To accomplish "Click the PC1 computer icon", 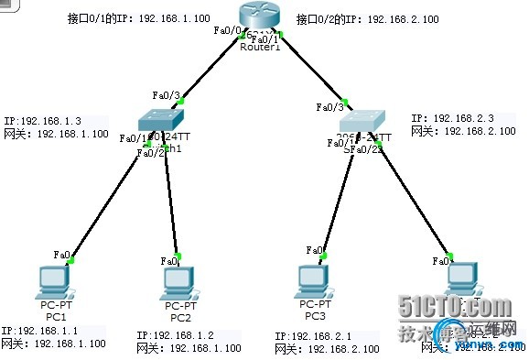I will [57, 279].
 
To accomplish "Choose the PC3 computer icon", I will [314, 279].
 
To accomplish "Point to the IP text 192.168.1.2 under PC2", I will [176, 336].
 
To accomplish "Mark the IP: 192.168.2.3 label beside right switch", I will [454, 119].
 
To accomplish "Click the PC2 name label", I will [179, 317].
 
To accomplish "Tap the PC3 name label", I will [315, 316].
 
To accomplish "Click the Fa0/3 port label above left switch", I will [165, 94].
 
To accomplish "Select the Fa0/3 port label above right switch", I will [329, 107].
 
